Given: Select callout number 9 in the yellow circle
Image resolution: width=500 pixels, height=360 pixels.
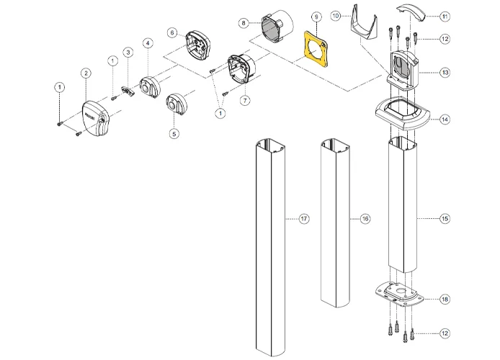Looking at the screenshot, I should click(316, 16).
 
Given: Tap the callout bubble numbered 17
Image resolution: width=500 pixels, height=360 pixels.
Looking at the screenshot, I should click(304, 218).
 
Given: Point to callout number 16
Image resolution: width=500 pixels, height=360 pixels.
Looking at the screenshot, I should click(365, 218).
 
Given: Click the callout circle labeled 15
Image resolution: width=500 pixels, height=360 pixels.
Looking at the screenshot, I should click(445, 218).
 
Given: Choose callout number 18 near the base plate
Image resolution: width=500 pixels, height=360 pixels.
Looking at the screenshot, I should click(445, 299).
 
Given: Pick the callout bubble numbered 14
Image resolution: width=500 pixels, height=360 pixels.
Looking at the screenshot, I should click(445, 119).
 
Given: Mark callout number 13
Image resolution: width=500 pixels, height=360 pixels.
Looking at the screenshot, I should click(445, 73).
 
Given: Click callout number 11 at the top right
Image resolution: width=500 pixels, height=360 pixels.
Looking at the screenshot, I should click(445, 16).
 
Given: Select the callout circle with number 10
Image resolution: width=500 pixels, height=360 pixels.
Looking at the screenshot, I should click(336, 15).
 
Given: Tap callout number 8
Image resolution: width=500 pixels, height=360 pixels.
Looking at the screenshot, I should click(244, 24).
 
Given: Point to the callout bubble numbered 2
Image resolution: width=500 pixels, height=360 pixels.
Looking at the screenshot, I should click(86, 73).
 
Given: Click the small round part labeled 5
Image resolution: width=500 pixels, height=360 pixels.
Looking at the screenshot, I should click(177, 105).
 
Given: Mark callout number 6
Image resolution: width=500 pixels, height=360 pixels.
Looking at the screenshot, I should click(171, 33).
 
